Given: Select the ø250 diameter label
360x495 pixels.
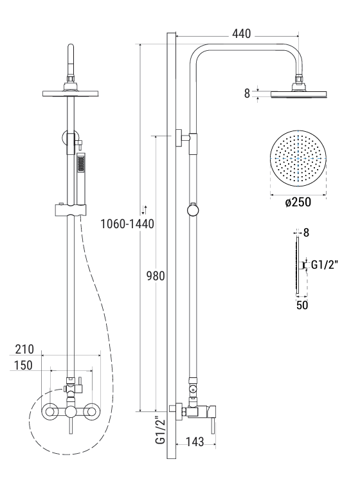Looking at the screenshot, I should (298, 202).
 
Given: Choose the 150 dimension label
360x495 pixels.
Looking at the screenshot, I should (25, 365).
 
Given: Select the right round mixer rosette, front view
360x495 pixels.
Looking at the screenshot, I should (93, 411).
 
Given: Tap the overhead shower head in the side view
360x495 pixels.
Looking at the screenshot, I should (299, 94).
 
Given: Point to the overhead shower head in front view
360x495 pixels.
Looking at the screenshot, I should (71, 93).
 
